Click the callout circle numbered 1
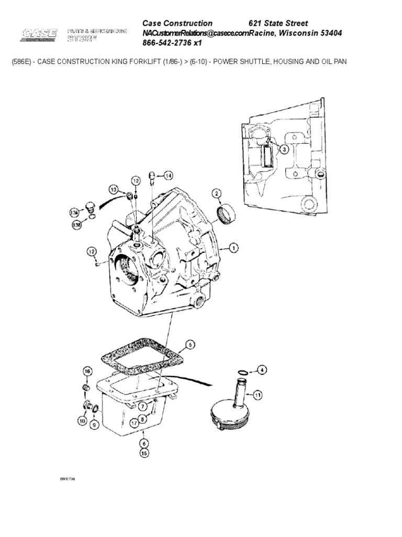pyautogui.click(x=233, y=247)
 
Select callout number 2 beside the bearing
pyautogui.click(x=216, y=194)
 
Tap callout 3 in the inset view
pyautogui.click(x=284, y=149)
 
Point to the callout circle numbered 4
pyautogui.click(x=261, y=370)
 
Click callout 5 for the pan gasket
pyautogui.click(x=191, y=345)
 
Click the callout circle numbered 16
pyautogui.click(x=87, y=372)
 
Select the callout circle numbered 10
pyautogui.click(x=82, y=420)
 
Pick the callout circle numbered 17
pyautogui.click(x=135, y=422)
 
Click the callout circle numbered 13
pyautogui.click(x=113, y=189)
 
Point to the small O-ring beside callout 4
pyautogui.click(x=242, y=372)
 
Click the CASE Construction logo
pyautogui.click(x=39, y=36)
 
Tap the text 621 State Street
pyautogui.click(x=277, y=23)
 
